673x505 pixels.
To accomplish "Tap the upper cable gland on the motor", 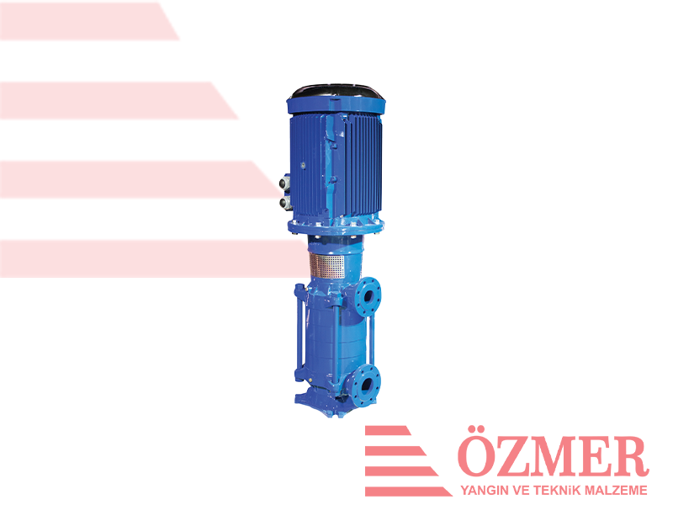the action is [285, 183].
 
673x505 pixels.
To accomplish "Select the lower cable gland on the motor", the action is [285, 202].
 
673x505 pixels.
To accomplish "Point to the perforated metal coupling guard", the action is [327, 266].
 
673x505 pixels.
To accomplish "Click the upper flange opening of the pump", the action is [368, 296].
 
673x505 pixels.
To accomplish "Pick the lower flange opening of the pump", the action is [367, 385].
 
